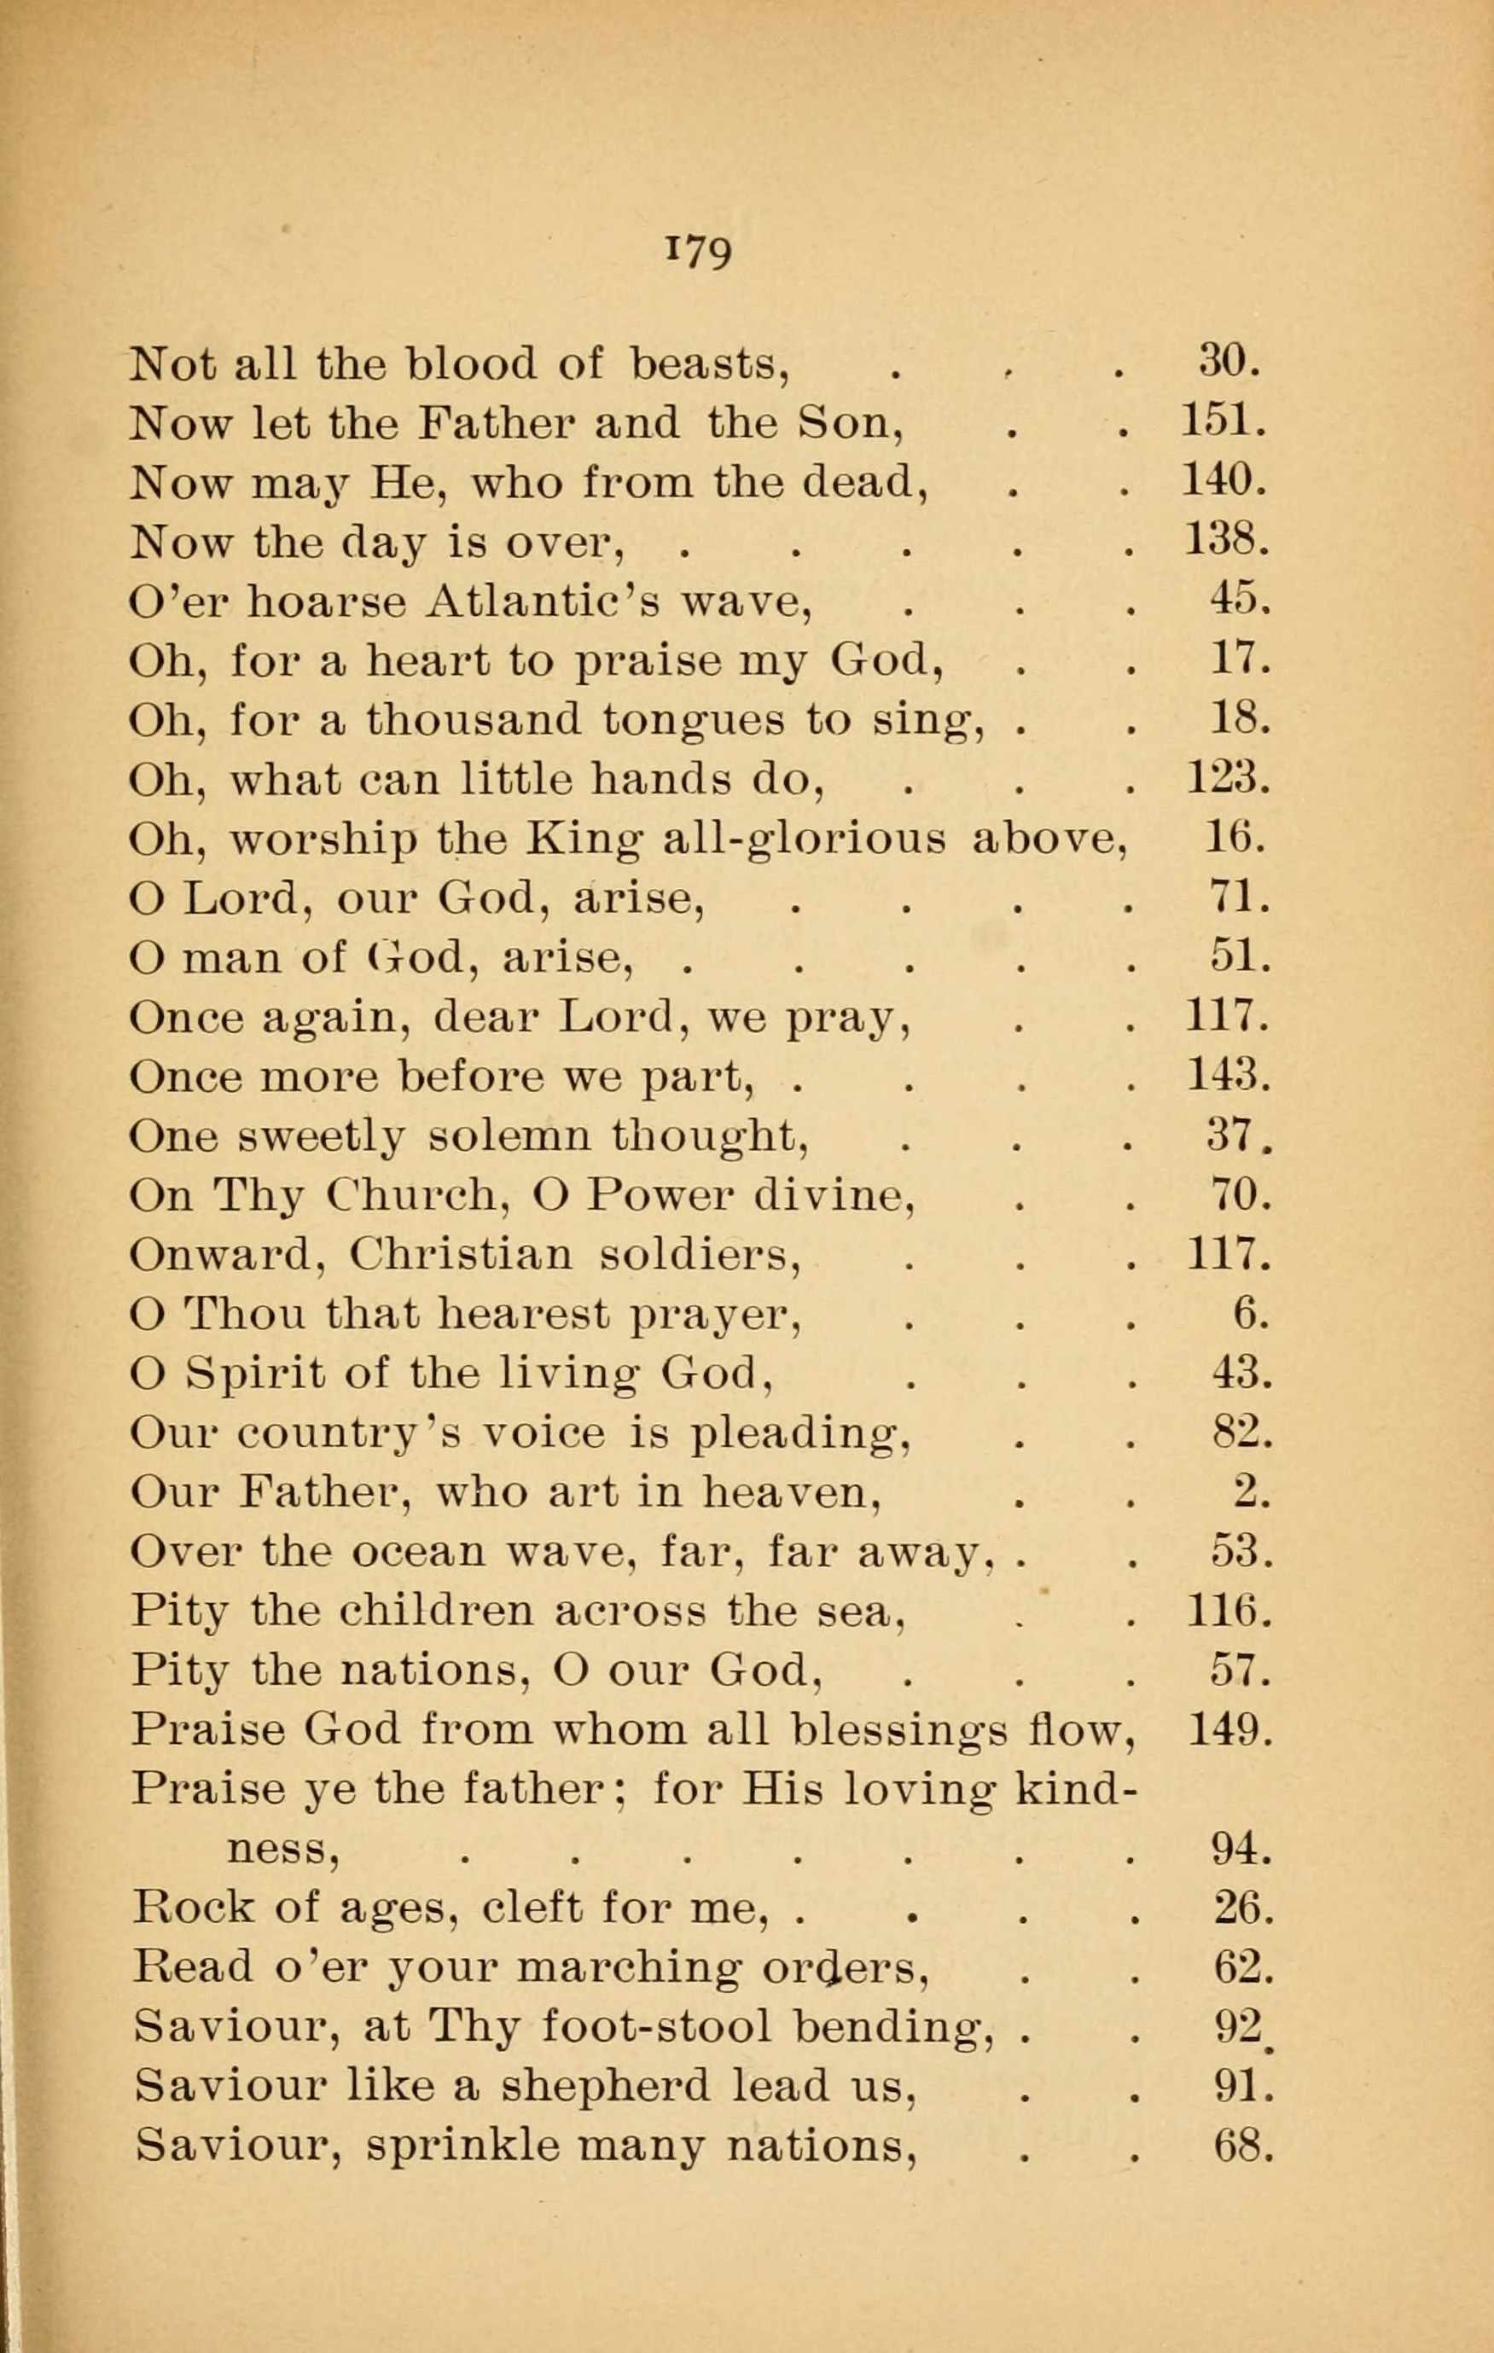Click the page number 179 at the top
point(698,253)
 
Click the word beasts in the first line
point(708,363)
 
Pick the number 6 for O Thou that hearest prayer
point(1249,1314)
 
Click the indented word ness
point(283,1850)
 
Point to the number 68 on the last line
point(1241,2147)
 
